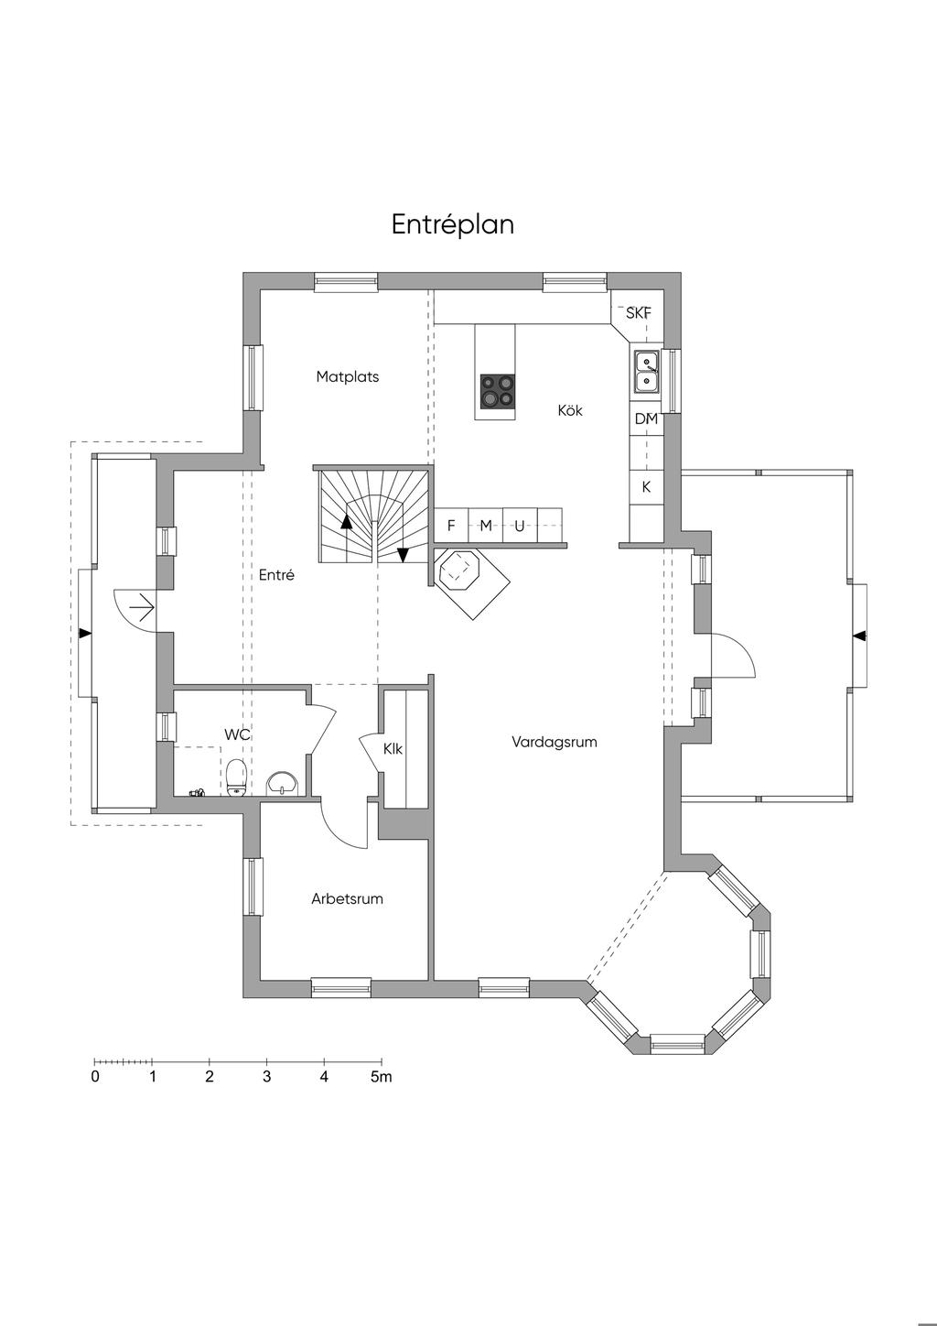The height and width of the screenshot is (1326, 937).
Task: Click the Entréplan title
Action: pos(453,224)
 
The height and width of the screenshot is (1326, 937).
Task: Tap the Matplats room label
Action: pos(347,376)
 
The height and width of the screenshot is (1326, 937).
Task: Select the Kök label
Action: pos(570,409)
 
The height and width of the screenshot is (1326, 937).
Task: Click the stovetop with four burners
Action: pos(497,392)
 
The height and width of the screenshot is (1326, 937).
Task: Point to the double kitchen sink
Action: pos(647,372)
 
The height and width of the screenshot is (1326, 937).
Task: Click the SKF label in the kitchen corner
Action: pos(639,312)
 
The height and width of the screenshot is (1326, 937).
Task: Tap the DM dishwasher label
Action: pos(646,419)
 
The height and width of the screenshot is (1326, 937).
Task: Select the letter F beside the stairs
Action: pos(451,525)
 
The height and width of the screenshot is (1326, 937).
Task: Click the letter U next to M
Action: pos(520,525)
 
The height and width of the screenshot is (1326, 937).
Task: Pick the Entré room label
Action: pos(276,574)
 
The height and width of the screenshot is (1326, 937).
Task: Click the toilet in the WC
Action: pos(236,777)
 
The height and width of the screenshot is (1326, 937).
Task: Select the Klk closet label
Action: pos(393,749)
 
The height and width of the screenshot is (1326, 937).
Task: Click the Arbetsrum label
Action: pos(347,898)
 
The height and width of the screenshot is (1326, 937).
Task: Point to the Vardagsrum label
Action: pos(555,742)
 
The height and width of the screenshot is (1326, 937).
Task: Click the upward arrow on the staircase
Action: pos(346,521)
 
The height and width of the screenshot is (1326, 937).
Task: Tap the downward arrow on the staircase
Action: pos(403,555)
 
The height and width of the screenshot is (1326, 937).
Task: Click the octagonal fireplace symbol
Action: pos(459,571)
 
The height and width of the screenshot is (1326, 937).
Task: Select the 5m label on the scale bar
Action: pos(382,1077)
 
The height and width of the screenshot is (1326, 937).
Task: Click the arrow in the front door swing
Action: pos(142,608)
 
